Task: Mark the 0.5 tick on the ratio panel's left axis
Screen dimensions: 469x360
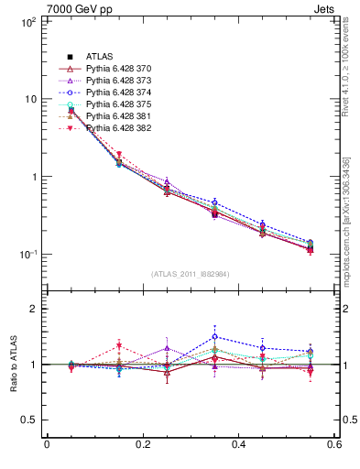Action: coord(28,420)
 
